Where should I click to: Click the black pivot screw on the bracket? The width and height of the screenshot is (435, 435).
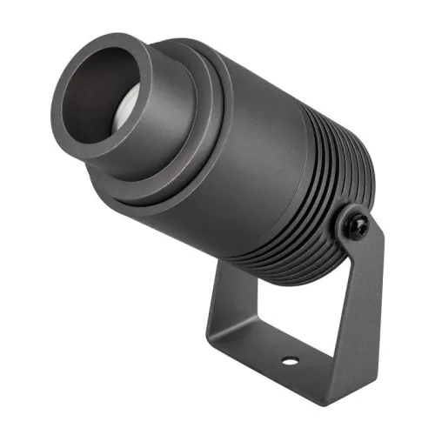click(357, 224)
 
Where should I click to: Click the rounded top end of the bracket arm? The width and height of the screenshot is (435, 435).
click(370, 217)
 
